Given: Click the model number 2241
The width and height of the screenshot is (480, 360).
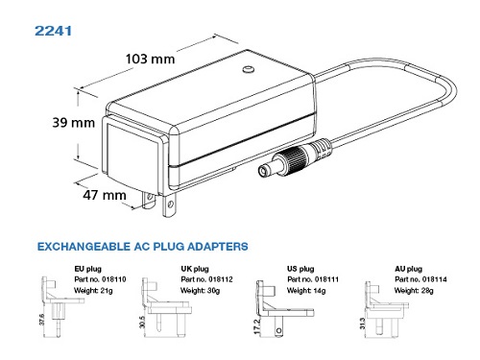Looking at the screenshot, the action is coord(53,31).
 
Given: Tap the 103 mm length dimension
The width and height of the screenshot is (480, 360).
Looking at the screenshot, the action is coord(150,59).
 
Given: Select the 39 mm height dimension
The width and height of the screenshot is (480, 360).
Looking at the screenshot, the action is coord(74,123).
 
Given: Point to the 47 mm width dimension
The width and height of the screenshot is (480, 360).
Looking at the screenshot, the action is coord(105,195).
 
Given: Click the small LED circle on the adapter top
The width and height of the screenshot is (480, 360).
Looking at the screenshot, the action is coord(248,69).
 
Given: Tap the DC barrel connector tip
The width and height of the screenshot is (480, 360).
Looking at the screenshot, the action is coord(264,171).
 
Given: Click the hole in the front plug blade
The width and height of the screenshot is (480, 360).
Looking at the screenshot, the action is coord(171,204).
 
